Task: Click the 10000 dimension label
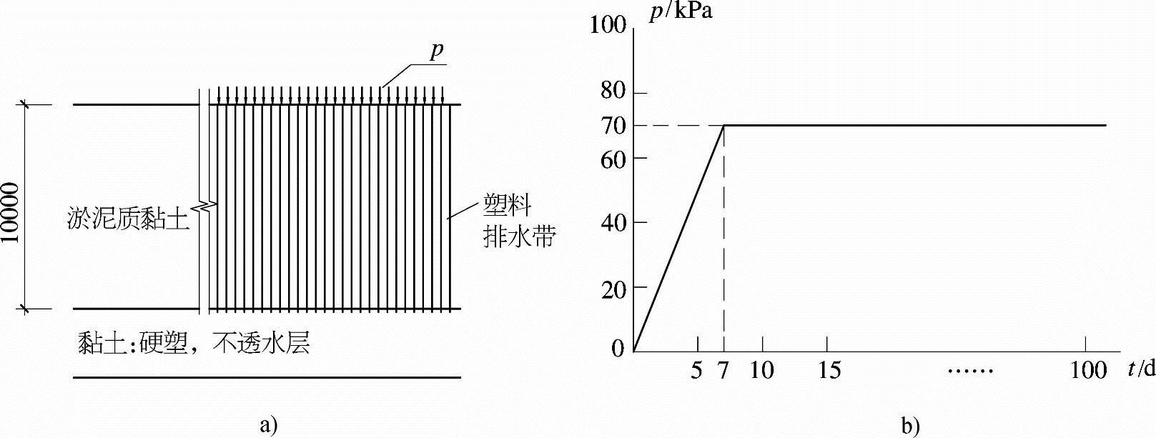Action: coord(11,207)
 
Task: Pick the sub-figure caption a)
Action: coord(268,425)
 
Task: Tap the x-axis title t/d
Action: coord(1140,369)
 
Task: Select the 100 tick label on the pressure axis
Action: coord(608,26)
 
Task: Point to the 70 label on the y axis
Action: coord(613,126)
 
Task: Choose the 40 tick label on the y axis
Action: coord(613,222)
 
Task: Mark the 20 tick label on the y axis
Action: coord(613,287)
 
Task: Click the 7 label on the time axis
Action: coord(723,371)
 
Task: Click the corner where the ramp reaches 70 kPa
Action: coord(724,126)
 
